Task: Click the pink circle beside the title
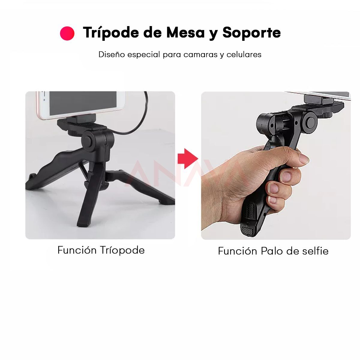click(67, 33)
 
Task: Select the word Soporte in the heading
click(251, 32)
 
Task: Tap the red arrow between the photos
click(187, 158)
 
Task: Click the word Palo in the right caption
click(272, 251)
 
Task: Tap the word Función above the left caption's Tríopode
click(77, 250)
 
